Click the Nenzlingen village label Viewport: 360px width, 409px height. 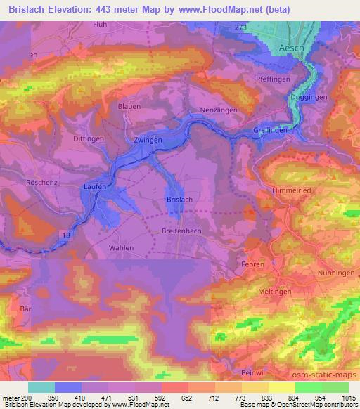coord(219,111)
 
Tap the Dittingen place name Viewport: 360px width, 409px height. coord(89,139)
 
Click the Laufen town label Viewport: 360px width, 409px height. coord(94,187)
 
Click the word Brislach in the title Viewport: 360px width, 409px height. coord(32,9)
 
